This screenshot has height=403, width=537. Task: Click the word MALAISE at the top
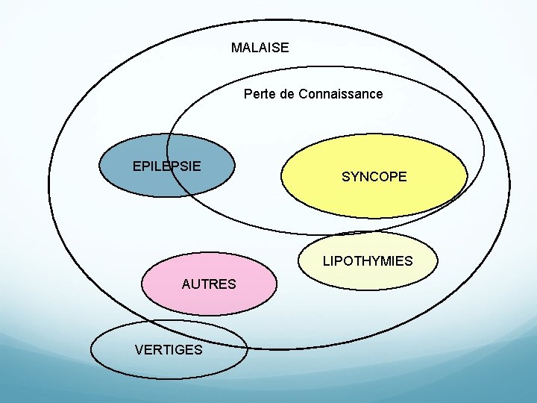pos(260,48)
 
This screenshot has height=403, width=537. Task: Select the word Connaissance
pos(341,94)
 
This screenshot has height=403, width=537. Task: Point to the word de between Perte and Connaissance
pos(287,94)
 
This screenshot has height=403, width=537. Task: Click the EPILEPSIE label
pos(166,166)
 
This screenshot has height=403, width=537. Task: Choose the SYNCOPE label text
pos(374,177)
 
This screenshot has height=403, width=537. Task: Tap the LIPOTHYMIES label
pos(368,261)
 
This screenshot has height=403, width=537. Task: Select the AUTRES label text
pos(209,284)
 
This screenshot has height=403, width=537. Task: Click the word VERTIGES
pos(169,349)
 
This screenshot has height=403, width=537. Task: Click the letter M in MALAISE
pos(236,48)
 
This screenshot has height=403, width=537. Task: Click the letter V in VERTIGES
pos(139,349)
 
